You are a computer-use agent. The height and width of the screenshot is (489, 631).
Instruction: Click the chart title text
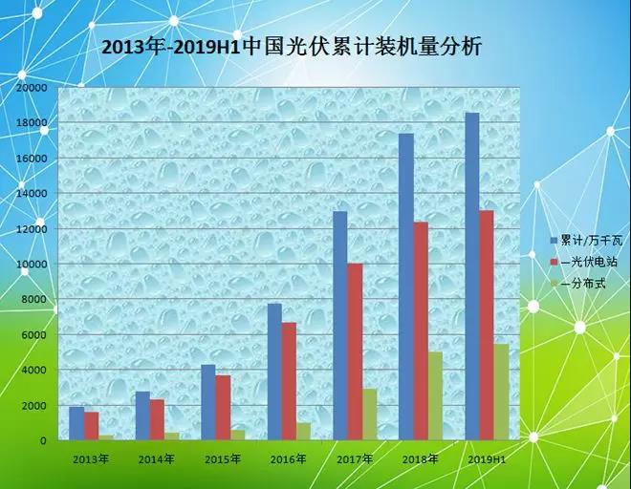pyautogui.click(x=292, y=45)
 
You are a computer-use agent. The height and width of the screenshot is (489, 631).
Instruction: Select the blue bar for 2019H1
pyautogui.click(x=471, y=277)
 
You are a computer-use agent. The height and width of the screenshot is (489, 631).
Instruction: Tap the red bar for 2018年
pyautogui.click(x=421, y=330)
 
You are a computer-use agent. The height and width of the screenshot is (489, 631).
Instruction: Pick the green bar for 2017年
pyautogui.click(x=370, y=415)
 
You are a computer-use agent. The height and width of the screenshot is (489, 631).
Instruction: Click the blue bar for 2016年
pyautogui.click(x=274, y=372)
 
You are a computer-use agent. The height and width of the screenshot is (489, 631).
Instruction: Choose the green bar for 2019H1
pyautogui.click(x=501, y=392)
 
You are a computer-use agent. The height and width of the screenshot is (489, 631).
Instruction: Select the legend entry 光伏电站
pyautogui.click(x=583, y=261)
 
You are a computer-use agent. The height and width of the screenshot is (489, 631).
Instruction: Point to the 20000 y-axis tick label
pyautogui.click(x=33, y=88)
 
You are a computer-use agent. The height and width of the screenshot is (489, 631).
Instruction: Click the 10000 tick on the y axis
pyautogui.click(x=33, y=265)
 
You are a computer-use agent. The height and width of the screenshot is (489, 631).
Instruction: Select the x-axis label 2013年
pyautogui.click(x=91, y=458)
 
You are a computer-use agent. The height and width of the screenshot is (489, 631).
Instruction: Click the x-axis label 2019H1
pyautogui.click(x=486, y=458)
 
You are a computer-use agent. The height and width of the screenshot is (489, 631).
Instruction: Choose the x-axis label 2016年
pyautogui.click(x=288, y=458)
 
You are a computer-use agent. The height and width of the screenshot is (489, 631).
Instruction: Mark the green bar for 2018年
pyautogui.click(x=436, y=396)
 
